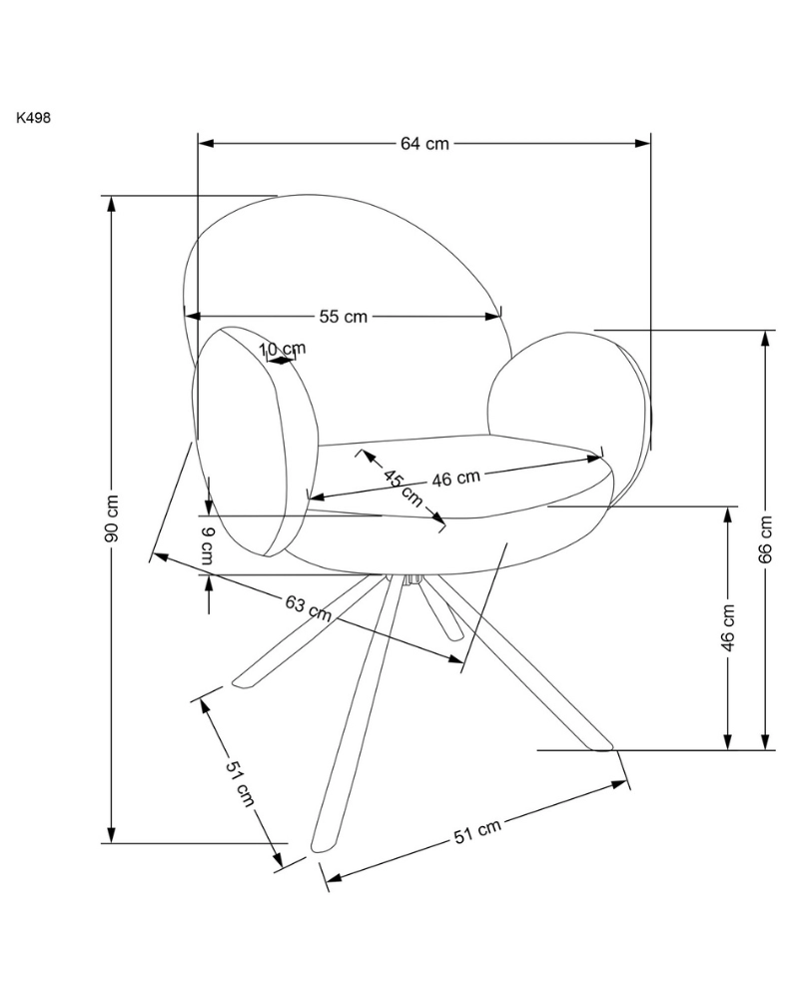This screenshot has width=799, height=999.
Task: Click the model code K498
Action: tap(33, 117)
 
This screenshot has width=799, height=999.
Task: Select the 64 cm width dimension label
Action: tap(424, 143)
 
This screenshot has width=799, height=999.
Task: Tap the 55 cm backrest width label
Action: tap(344, 317)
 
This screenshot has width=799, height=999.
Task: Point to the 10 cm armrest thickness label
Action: tap(283, 350)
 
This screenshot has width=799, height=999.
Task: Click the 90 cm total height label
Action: tap(112, 518)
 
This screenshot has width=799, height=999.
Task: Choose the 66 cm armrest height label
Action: tap(766, 539)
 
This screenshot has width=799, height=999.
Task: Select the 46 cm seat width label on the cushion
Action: tap(456, 479)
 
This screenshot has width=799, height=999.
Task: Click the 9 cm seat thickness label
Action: tap(208, 545)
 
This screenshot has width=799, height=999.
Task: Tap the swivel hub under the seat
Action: tap(410, 577)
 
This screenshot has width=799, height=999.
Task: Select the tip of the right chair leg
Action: tap(602, 745)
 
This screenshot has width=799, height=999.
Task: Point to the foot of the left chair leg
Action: tap(241, 682)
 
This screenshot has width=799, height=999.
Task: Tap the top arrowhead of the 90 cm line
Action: tap(112, 201)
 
